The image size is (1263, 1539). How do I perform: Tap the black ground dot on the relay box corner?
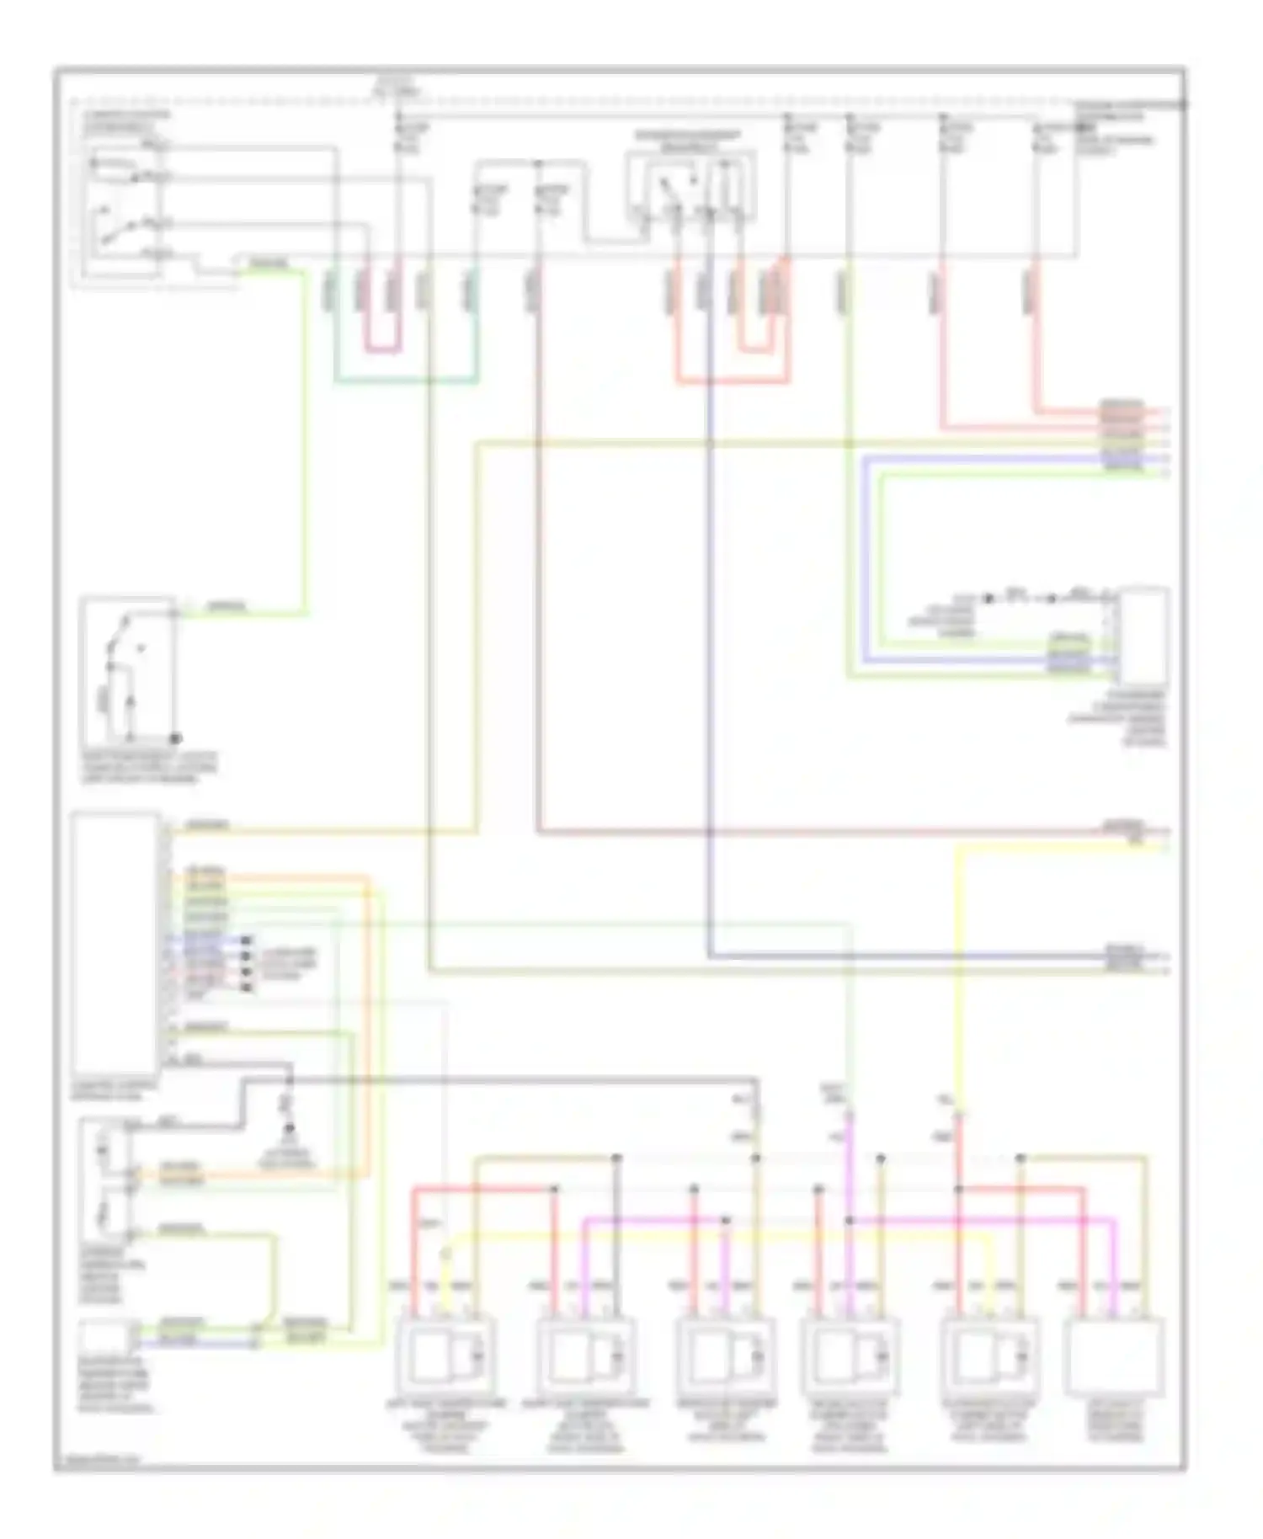point(176,738)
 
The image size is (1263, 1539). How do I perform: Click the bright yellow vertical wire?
point(957,968)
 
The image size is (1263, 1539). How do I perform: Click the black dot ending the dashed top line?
point(1183,105)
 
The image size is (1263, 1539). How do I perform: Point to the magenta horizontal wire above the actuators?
point(842,1220)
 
